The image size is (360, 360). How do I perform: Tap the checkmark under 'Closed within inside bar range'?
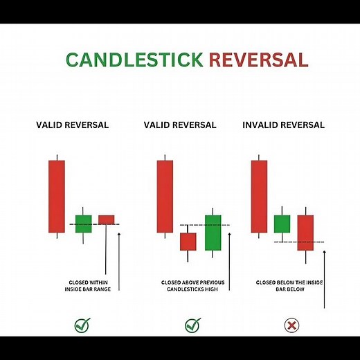tap(83, 324)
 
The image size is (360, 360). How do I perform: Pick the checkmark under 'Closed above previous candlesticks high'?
tap(192, 324)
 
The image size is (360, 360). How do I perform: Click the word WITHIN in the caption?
tap(98, 282)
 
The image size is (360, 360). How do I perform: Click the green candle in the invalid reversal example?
tap(282, 224)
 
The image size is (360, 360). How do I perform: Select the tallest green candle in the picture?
tap(213, 233)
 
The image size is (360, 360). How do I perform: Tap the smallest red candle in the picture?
tap(106, 219)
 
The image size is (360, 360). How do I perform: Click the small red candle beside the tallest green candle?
tap(188, 241)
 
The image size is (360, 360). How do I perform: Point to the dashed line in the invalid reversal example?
tap(299, 242)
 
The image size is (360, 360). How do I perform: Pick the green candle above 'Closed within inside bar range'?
tap(83, 223)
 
